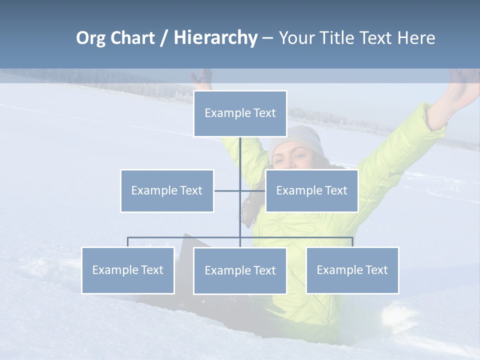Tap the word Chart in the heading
point(132,38)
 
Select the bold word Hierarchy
point(215,38)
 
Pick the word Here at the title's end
point(416,38)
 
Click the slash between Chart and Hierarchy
point(164,38)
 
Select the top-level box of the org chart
point(240,113)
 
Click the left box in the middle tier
point(167,190)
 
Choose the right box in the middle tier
point(311,190)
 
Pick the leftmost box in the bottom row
point(127,270)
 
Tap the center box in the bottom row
point(240,270)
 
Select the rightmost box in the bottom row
point(352,270)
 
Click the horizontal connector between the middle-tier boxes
point(227,190)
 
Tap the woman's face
point(295,158)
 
